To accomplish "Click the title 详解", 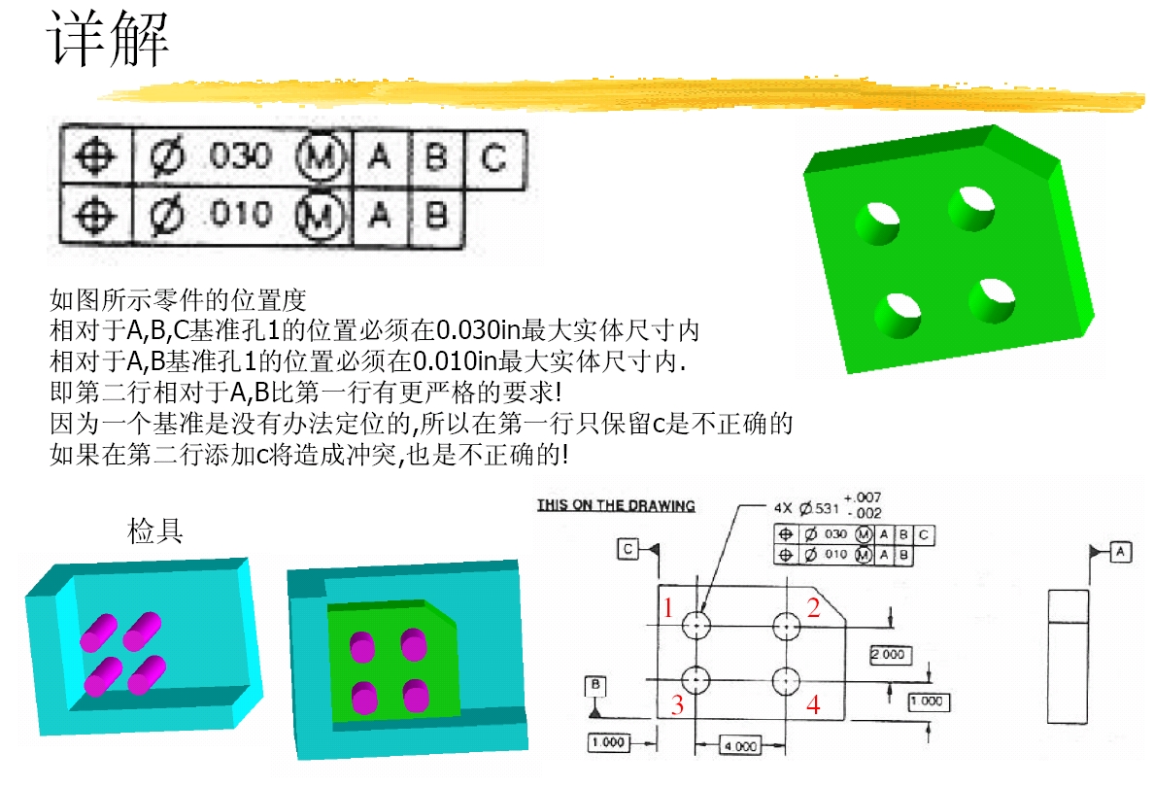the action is point(108,38).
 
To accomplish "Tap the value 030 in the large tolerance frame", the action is point(241,156).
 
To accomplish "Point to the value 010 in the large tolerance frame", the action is point(241,214).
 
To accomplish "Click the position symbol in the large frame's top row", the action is point(95,156).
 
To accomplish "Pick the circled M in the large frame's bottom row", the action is point(320,216).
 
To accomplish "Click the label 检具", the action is point(154,530).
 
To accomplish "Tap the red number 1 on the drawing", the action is point(668,608).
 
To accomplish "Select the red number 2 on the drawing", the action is point(813,608).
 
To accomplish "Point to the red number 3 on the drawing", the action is point(677,704).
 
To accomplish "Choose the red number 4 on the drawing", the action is point(813,704).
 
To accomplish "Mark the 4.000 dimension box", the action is point(740,746).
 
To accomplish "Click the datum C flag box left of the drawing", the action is point(628,549).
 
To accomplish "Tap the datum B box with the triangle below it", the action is point(595,686).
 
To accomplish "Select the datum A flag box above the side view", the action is point(1121,552).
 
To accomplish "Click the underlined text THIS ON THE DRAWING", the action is point(616,506).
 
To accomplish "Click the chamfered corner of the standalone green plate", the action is point(1028,145).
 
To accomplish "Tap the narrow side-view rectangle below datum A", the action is point(1068,657).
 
